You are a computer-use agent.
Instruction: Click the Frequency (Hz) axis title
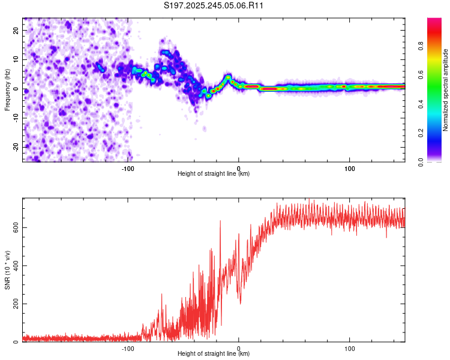[x=7, y=89]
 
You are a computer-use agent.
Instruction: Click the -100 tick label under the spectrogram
[x=128, y=168]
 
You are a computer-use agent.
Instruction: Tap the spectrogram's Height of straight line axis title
[x=214, y=174]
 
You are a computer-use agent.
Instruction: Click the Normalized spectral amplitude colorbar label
[x=446, y=89]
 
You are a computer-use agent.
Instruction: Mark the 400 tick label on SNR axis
[x=15, y=266]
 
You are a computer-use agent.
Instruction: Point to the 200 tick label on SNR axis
[x=15, y=304]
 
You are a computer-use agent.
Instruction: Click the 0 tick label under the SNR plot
[x=239, y=348]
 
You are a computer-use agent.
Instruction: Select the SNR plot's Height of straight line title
[x=214, y=354]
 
